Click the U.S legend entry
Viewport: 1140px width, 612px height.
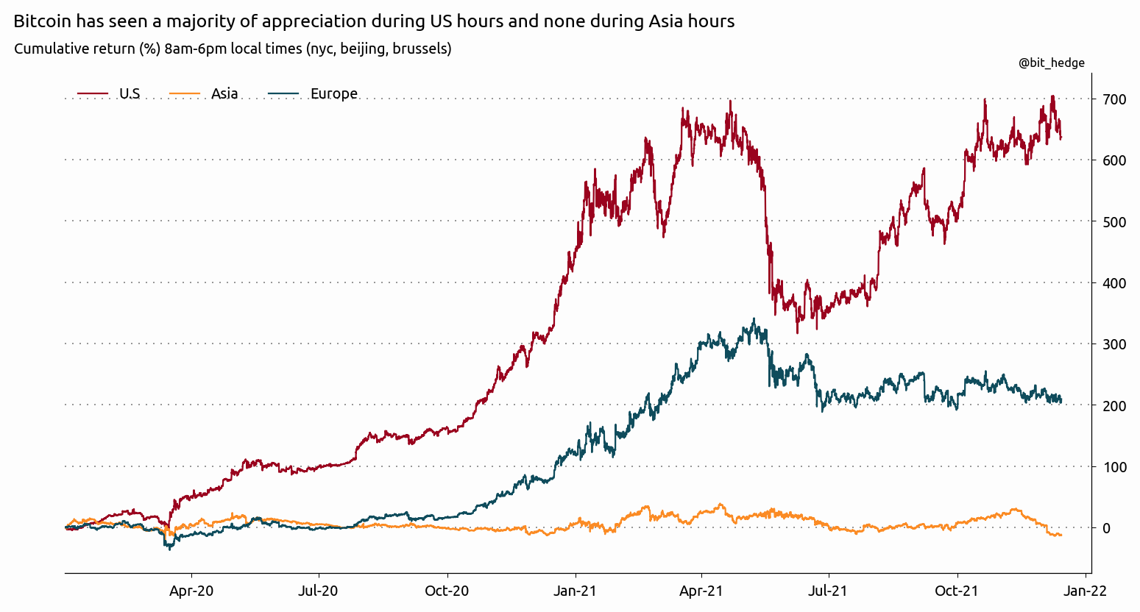point(130,93)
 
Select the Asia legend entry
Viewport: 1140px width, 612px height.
point(224,93)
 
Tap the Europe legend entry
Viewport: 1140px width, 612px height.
point(333,93)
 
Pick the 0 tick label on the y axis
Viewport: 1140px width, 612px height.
point(1105,527)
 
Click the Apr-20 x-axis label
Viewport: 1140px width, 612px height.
point(191,591)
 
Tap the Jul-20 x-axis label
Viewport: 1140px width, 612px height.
point(319,591)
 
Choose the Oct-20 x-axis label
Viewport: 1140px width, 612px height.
point(447,591)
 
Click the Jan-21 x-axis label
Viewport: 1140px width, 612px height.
point(575,591)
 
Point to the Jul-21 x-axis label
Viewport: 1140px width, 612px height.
point(829,591)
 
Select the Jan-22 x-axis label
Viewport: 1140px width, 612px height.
point(1085,591)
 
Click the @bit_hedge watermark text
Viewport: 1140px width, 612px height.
point(1051,63)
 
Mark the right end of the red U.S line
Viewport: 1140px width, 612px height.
point(1061,137)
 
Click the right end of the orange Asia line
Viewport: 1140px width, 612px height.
point(1061,535)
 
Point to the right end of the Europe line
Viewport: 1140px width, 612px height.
point(1061,401)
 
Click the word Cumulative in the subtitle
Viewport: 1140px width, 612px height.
point(49,49)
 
